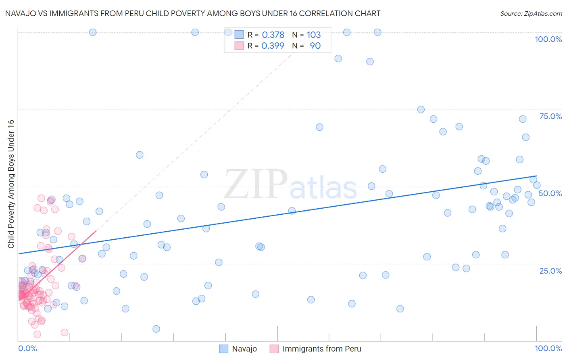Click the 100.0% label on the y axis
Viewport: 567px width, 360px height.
[548, 39]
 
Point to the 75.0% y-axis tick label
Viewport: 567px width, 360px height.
[550, 116]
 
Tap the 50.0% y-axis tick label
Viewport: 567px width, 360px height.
[550, 193]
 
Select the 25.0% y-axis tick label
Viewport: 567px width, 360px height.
[550, 270]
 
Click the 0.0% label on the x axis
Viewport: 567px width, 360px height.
[27, 348]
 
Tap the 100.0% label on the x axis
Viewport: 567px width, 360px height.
[548, 348]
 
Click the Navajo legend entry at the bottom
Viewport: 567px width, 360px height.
[244, 349]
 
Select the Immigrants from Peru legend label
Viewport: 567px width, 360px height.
[321, 349]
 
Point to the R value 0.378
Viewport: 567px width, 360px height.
[273, 35]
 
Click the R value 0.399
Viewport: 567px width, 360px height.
[273, 46]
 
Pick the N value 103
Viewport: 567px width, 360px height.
[314, 35]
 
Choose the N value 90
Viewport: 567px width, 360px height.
[315, 46]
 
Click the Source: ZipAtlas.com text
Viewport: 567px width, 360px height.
[531, 13]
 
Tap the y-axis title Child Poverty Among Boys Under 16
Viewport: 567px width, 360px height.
[11, 184]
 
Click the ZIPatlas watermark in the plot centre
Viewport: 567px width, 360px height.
[290, 185]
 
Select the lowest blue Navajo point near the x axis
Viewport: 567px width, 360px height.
[156, 329]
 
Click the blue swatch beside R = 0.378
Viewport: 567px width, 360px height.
[239, 35]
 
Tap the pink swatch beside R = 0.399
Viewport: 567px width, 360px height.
[239, 46]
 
